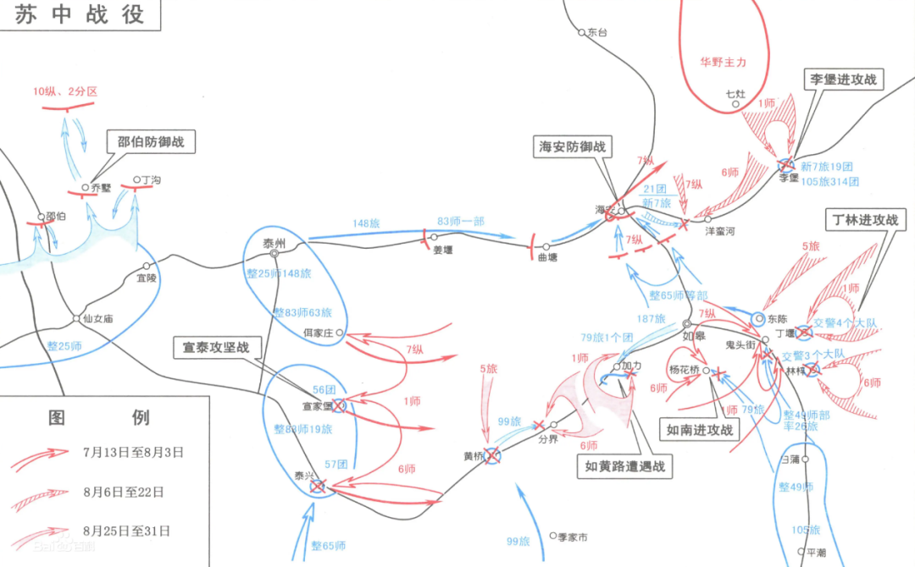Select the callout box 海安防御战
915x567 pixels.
click(574, 146)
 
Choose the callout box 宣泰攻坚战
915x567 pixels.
click(216, 347)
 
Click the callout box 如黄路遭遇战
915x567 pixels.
click(624, 465)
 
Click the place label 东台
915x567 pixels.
click(597, 32)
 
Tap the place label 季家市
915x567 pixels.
click(572, 537)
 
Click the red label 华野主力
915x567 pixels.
click(723, 62)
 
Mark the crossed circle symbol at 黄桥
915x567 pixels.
click(491, 456)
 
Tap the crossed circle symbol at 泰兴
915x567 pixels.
click(318, 486)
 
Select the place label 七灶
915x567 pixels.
click(735, 94)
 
